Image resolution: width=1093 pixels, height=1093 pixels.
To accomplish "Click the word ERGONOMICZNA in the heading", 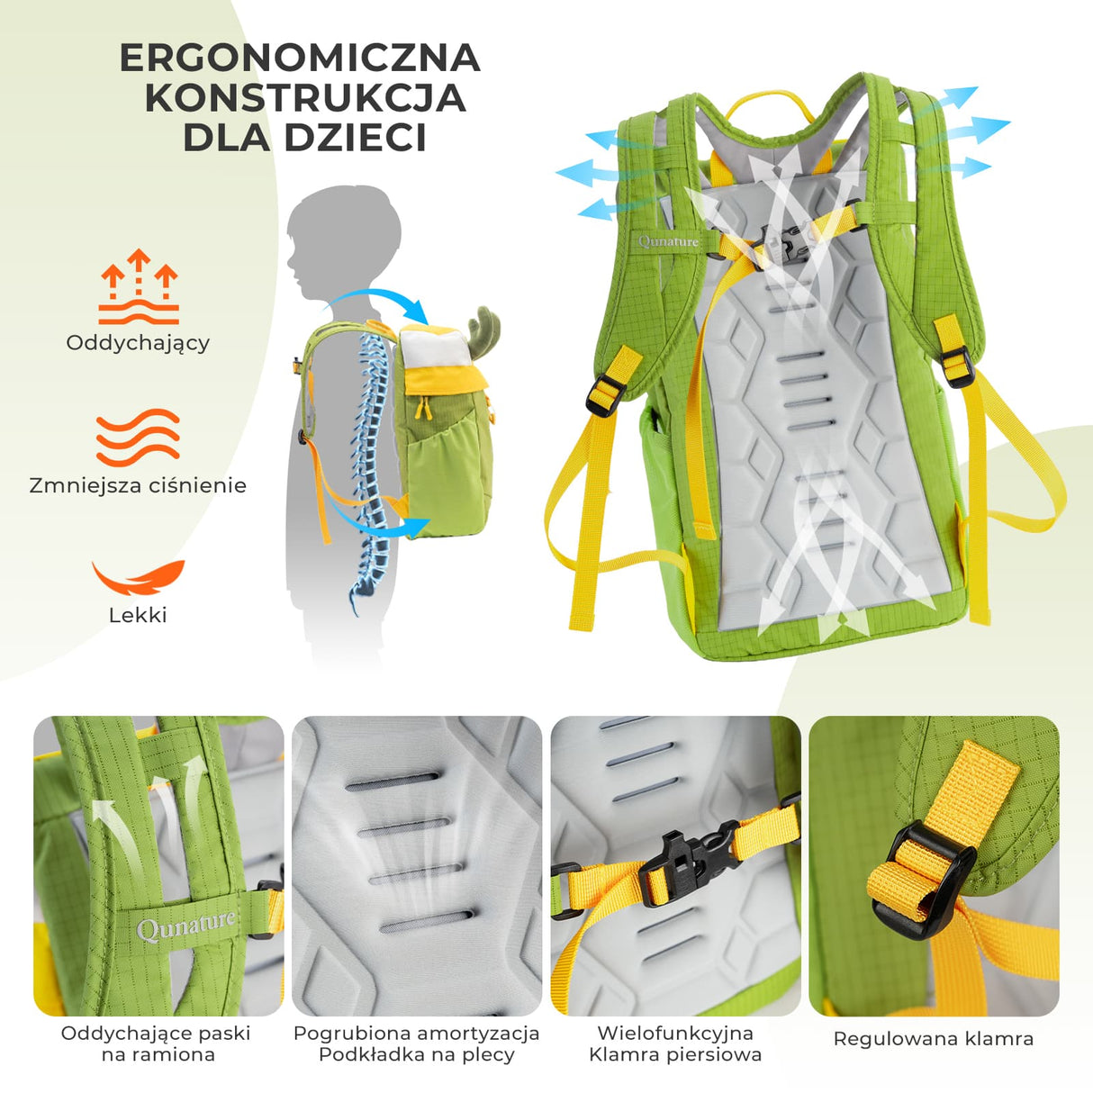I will click(x=300, y=59).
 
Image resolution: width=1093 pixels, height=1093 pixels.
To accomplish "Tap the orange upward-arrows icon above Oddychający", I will click(x=138, y=286).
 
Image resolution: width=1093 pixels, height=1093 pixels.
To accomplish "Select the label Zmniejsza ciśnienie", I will click(x=138, y=486).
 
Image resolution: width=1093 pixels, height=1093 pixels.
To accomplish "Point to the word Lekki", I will click(x=138, y=616).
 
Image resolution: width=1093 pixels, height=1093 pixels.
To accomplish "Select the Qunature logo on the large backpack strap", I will click(x=668, y=241).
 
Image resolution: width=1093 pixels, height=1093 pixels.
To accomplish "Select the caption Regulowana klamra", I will click(x=934, y=1039).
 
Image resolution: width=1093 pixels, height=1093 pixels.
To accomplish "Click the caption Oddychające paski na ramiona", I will click(x=157, y=1043).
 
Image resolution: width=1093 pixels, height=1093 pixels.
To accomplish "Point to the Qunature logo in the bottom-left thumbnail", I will click(x=186, y=925).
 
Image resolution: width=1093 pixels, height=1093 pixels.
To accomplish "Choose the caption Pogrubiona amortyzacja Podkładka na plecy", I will click(x=416, y=1043).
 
